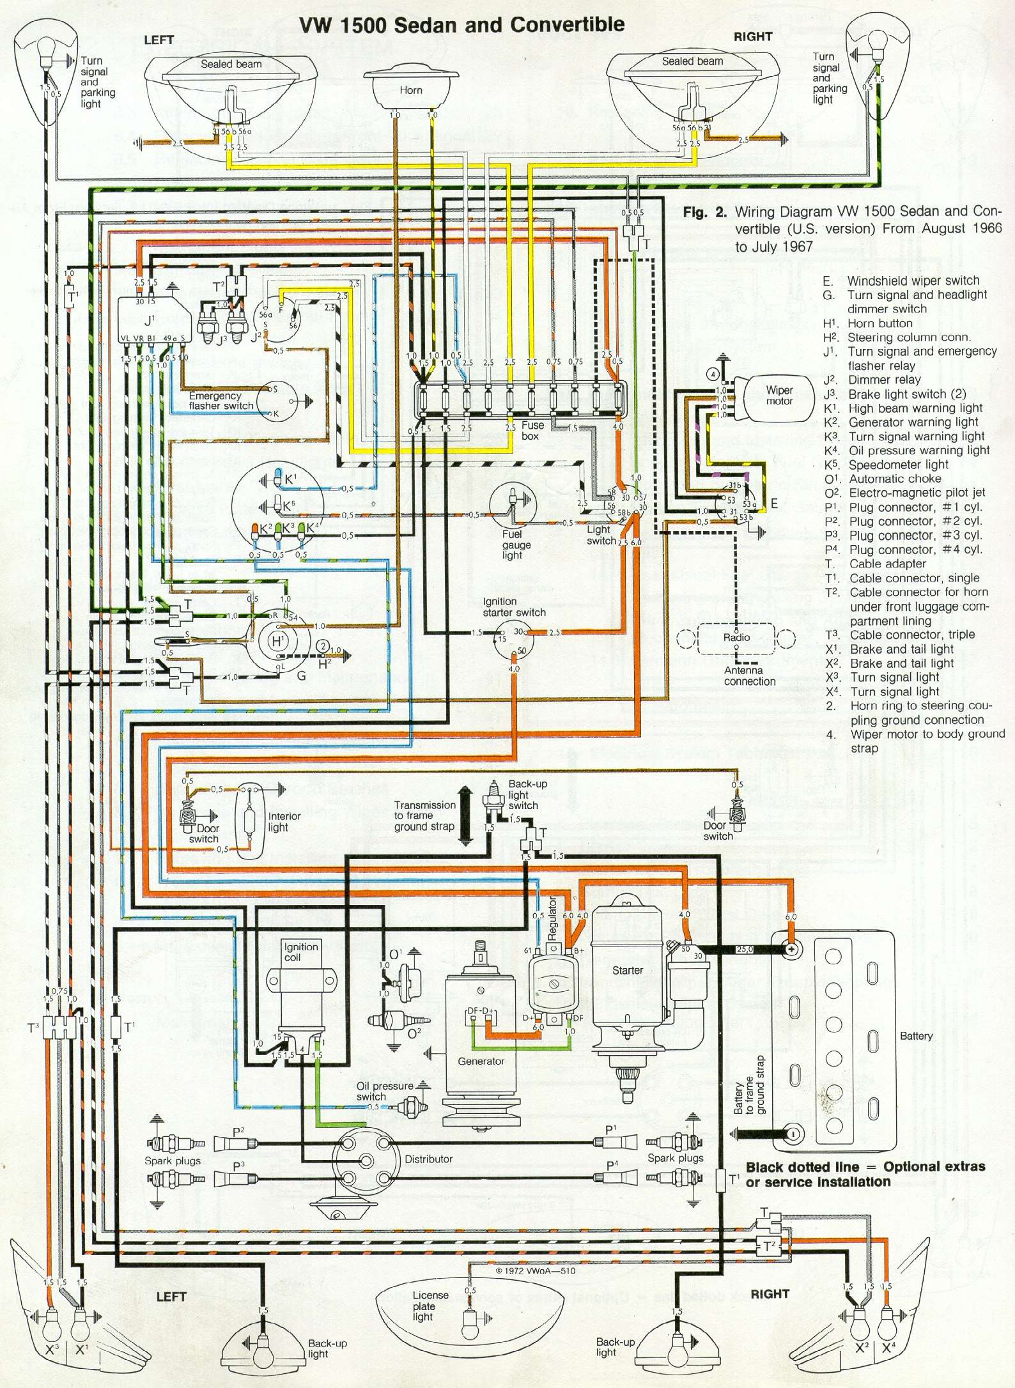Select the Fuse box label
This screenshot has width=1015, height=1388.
532,431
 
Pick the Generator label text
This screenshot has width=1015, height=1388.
481,1061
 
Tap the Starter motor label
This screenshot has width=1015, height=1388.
627,970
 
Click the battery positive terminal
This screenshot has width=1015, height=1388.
791,950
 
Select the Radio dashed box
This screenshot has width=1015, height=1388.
736,638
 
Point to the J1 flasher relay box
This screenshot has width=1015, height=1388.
153,320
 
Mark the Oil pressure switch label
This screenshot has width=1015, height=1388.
384,1091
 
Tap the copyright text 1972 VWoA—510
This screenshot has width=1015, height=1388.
536,1270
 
